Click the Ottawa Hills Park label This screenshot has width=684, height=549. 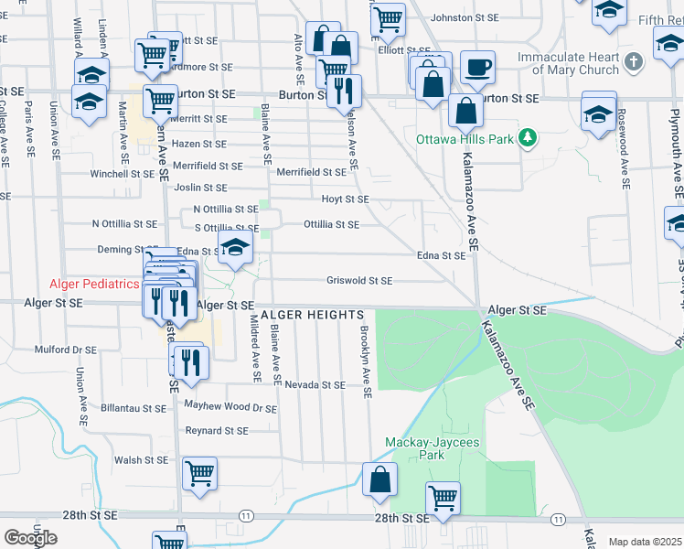point(465,140)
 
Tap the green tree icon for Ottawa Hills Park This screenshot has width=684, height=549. point(527,139)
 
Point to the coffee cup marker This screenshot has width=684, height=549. point(476,67)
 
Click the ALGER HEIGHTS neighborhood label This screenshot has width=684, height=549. point(312,315)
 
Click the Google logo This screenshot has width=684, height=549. point(30,537)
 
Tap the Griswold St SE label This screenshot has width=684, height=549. point(360,281)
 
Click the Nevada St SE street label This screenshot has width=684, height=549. point(315,385)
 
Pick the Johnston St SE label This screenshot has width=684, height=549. point(465,17)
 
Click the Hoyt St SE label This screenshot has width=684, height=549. point(345,199)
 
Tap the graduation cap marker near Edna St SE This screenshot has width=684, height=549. point(235,246)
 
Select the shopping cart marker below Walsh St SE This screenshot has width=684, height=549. point(199,474)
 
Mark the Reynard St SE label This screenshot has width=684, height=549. point(217,430)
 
